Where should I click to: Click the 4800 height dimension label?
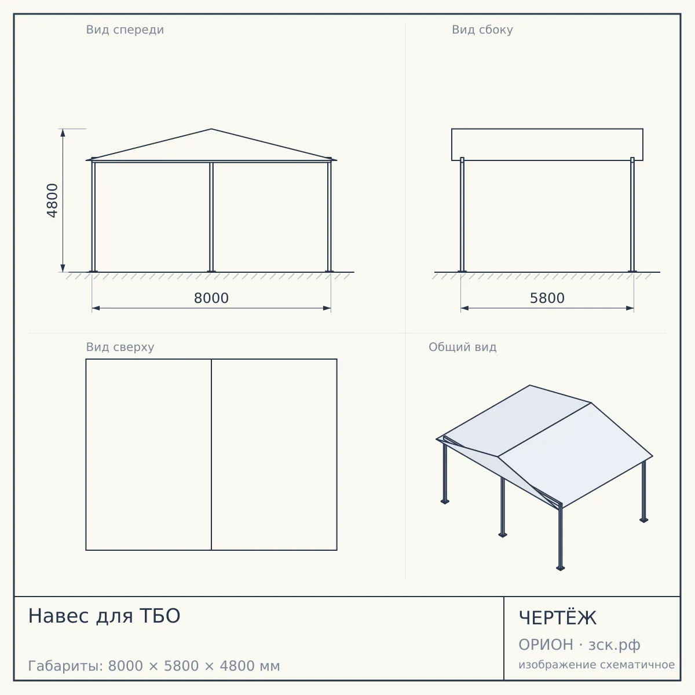pyautogui.click(x=52, y=200)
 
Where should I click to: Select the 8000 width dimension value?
pyautogui.click(x=211, y=298)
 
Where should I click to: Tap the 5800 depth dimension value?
pyautogui.click(x=547, y=298)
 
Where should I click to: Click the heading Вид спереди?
pyautogui.click(x=125, y=30)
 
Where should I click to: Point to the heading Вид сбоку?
pyautogui.click(x=482, y=30)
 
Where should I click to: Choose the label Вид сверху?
pyautogui.click(x=120, y=347)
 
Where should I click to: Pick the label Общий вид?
pyautogui.click(x=462, y=347)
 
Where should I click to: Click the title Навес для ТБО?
pyautogui.click(x=104, y=616)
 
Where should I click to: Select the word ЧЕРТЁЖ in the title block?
pyautogui.click(x=558, y=617)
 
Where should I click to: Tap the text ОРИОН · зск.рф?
pyautogui.click(x=579, y=645)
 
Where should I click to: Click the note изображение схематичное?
pyautogui.click(x=597, y=664)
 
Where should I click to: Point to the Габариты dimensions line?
pyautogui.click(x=154, y=666)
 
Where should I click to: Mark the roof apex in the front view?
pyautogui.click(x=211, y=129)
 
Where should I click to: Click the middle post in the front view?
pyautogui.click(x=211, y=217)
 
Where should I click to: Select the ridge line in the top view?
pyautogui.click(x=211, y=455)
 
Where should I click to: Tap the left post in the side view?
pyautogui.click(x=462, y=215)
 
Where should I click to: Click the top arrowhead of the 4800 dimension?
pyautogui.click(x=63, y=133)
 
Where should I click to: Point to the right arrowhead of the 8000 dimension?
pyautogui.click(x=327, y=308)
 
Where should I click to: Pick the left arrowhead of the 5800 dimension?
pyautogui.click(x=465, y=308)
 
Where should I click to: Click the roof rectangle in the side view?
pyautogui.click(x=547, y=129)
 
